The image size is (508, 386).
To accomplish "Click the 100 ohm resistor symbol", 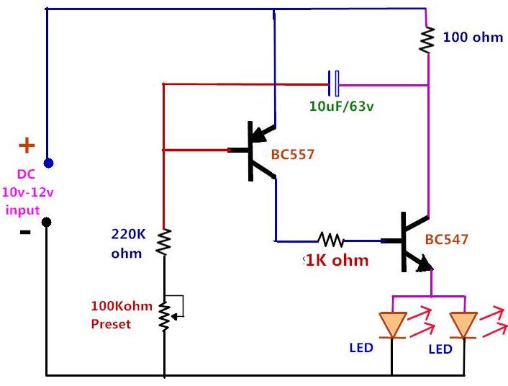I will pyautogui.click(x=428, y=39).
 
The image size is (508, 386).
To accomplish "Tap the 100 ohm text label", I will pyautogui.click(x=473, y=37).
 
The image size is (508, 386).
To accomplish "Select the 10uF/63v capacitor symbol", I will pyautogui.click(x=334, y=84).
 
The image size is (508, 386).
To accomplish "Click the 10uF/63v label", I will pyautogui.click(x=341, y=107).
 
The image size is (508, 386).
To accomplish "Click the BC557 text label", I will pyautogui.click(x=292, y=154).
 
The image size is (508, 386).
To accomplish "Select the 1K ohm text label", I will pyautogui.click(x=337, y=260).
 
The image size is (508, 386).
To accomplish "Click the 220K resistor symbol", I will pyautogui.click(x=165, y=241).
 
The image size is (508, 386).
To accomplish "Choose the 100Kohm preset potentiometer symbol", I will pyautogui.click(x=165, y=310).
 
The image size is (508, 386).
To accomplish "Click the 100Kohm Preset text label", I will pyautogui.click(x=121, y=315).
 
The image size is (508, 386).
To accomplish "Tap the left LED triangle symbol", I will pyautogui.click(x=393, y=324).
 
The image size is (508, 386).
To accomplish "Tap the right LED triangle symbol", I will pyautogui.click(x=463, y=324).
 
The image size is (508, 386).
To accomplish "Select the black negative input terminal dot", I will pyautogui.click(x=47, y=221).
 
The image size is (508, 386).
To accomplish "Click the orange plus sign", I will pyautogui.click(x=26, y=146).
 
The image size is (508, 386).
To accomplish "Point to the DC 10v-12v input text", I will pyautogui.click(x=24, y=192).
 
